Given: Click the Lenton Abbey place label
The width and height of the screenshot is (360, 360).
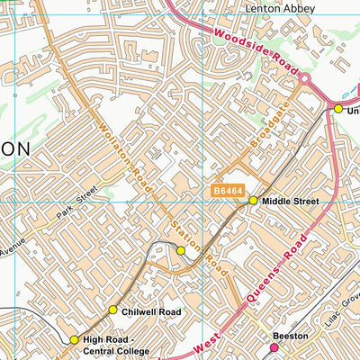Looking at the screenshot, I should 280,8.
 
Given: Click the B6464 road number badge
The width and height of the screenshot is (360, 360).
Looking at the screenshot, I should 229,191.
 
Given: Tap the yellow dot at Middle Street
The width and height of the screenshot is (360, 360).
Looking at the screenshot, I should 253,201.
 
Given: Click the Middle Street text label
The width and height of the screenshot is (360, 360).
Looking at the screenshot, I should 290,202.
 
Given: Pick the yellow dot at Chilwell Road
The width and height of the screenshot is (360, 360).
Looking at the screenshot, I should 112,310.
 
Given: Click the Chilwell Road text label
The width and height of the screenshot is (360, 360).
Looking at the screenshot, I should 151,311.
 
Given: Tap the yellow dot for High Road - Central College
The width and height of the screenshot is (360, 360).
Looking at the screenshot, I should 75,339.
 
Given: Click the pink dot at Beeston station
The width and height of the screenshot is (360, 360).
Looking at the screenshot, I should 275,346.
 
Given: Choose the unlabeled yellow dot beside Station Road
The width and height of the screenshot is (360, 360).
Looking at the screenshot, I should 181,250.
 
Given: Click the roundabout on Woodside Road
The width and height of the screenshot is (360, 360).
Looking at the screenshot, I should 305,80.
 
